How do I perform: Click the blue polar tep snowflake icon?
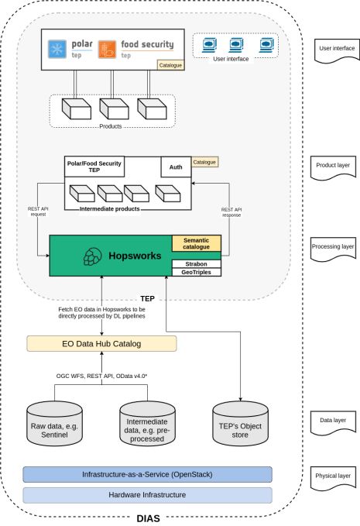(57, 49)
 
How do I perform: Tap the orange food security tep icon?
(108, 50)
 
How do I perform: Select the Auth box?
(176, 167)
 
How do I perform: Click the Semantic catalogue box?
(197, 243)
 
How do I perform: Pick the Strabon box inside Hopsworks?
(197, 264)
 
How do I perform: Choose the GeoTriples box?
(197, 272)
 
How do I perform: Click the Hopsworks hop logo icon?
(92, 256)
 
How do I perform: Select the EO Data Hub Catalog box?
(101, 344)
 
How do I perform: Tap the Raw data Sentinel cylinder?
(54, 424)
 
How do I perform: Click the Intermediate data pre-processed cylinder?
(147, 424)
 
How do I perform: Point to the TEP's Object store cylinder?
(240, 424)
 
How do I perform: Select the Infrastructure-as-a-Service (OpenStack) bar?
(147, 475)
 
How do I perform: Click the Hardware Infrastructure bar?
(147, 495)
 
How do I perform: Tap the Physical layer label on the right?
(333, 477)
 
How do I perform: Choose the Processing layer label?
(333, 248)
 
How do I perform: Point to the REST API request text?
(38, 211)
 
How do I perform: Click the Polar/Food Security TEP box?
(94, 167)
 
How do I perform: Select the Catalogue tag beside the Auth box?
(204, 162)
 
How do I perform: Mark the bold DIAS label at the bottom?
(148, 518)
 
